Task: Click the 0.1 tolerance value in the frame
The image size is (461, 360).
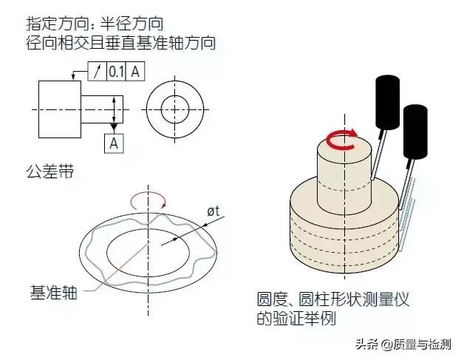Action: tap(116, 72)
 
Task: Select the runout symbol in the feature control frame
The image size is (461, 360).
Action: tap(97, 72)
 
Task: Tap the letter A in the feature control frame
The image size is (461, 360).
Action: tap(135, 72)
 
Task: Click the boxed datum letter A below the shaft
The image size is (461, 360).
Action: tap(114, 143)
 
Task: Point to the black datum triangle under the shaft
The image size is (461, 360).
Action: tap(114, 126)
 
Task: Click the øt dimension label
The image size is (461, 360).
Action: tap(214, 211)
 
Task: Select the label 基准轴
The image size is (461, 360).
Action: tap(54, 293)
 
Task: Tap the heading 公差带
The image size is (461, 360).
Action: tap(49, 171)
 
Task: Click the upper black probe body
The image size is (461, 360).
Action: tap(388, 102)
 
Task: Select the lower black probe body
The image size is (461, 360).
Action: tap(415, 132)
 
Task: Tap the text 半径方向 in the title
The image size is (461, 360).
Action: tap(132, 24)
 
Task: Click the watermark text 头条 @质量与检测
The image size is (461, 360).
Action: tap(403, 344)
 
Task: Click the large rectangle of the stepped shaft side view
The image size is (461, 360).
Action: tap(60, 109)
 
